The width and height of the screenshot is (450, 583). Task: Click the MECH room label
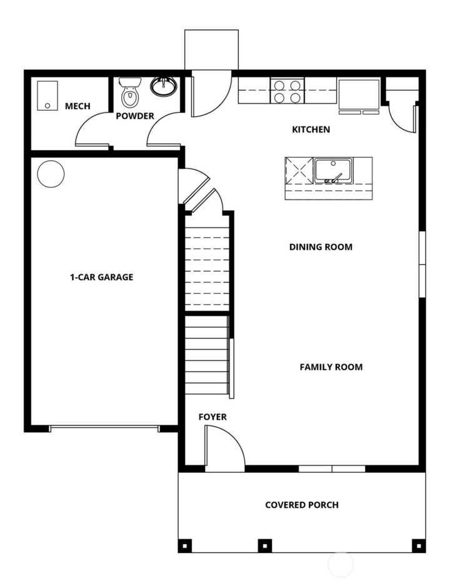(x=77, y=106)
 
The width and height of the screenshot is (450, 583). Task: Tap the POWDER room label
(x=134, y=116)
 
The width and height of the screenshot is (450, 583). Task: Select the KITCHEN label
(x=311, y=129)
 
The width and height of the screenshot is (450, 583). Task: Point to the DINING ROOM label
(x=321, y=247)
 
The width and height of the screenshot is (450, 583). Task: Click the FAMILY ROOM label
(x=331, y=367)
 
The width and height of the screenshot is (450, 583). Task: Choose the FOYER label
(x=212, y=417)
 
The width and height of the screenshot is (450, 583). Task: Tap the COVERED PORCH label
(x=302, y=505)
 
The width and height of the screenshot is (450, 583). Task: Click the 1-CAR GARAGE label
(x=101, y=277)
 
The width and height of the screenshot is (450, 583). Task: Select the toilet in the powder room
(x=130, y=92)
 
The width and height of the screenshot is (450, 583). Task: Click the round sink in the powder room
(x=164, y=86)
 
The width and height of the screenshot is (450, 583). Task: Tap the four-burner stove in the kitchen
(x=287, y=91)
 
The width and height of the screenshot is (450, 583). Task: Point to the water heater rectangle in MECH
(x=46, y=96)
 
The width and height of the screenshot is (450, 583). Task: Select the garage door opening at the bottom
(x=104, y=428)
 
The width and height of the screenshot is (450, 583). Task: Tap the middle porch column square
(x=265, y=545)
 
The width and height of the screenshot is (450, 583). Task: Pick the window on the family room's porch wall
(x=331, y=469)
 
